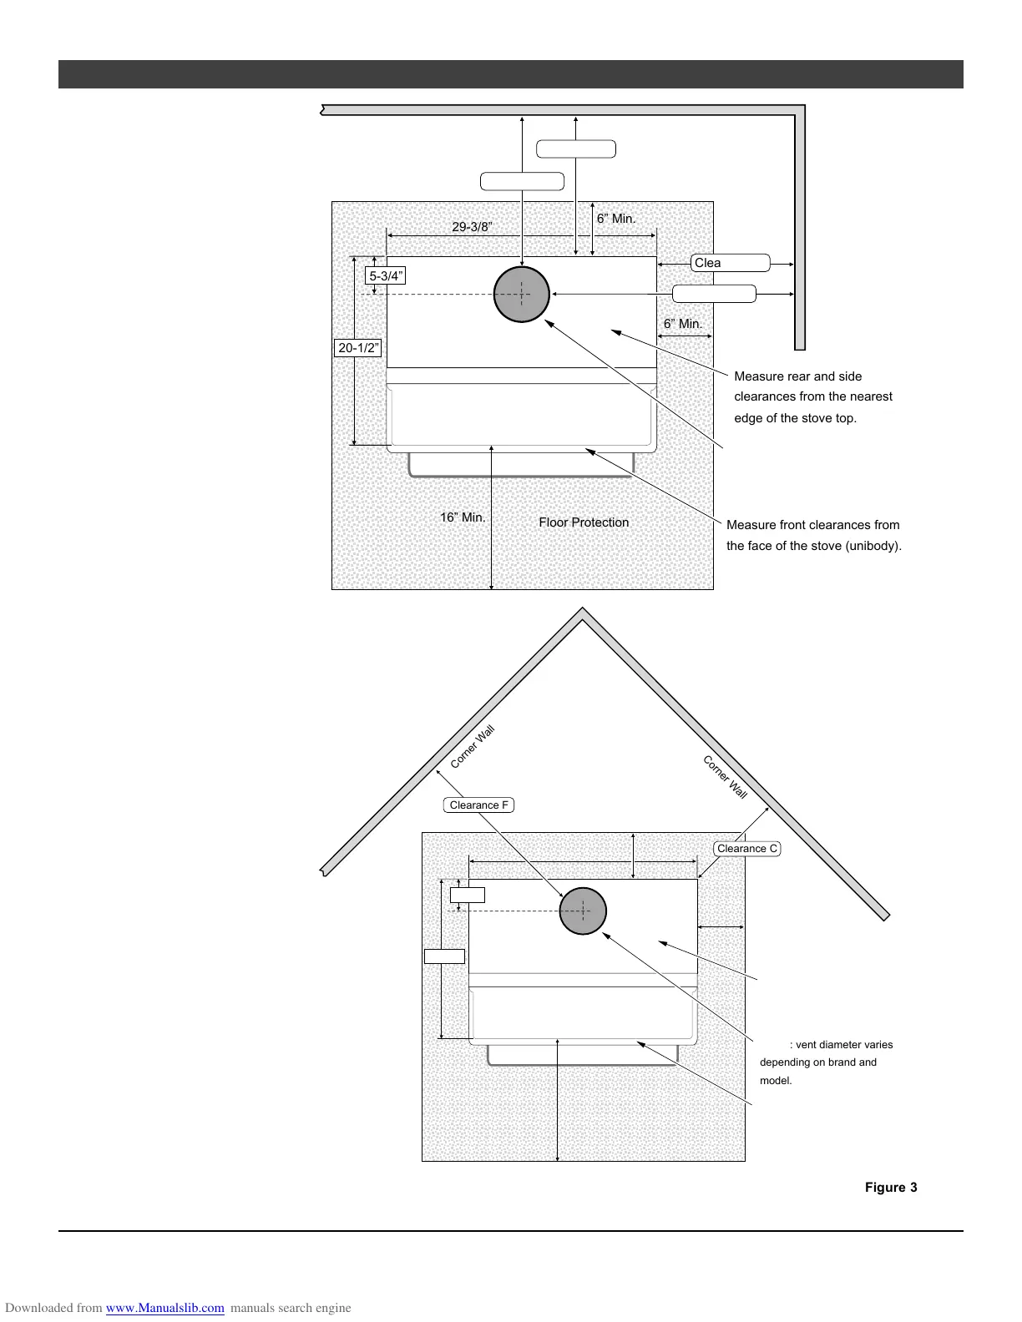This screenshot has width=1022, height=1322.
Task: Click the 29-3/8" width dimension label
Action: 472,227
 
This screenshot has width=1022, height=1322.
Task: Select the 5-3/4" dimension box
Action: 387,275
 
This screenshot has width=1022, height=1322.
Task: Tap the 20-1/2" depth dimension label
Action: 359,348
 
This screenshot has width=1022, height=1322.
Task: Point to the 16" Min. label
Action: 463,517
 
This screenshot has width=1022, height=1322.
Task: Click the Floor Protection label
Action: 584,522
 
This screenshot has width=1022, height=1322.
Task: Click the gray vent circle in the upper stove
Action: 522,294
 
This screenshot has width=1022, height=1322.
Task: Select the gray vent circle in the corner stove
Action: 583,911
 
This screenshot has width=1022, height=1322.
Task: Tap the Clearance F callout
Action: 478,805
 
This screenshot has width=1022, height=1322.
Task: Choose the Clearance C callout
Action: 747,849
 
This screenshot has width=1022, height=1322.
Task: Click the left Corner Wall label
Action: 473,747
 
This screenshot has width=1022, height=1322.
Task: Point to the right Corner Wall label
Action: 725,777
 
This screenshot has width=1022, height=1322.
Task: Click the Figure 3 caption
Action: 891,1188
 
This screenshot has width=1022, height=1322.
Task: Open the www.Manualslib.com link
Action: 165,1308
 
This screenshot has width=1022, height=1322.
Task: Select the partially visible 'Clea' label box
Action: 731,263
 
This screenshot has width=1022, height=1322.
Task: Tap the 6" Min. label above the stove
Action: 616,219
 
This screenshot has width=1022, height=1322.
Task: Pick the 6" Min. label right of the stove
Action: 683,324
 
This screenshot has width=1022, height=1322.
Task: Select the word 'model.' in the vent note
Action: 776,1081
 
